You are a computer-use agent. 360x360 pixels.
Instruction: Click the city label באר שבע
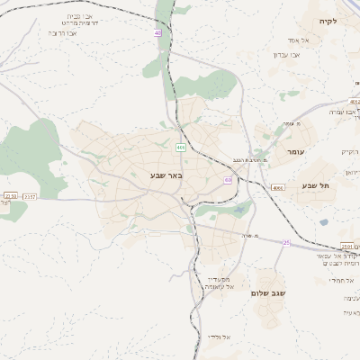tap(166, 175)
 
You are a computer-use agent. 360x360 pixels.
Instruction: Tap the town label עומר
tap(296, 153)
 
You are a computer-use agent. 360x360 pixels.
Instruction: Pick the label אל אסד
tap(299, 40)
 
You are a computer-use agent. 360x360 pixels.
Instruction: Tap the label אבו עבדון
tap(286, 54)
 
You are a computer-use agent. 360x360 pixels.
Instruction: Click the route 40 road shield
tap(158, 32)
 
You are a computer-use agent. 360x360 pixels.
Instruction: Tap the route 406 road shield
tap(182, 148)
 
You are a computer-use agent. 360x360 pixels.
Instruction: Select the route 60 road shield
tap(228, 180)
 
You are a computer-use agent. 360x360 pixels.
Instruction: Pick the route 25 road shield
tap(286, 242)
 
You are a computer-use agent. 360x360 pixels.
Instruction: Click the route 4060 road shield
tap(277, 187)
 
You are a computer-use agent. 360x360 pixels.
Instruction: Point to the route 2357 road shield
tap(30, 195)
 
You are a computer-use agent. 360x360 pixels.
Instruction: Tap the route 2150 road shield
tap(10, 195)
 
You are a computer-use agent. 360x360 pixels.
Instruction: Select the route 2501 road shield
tap(347, 247)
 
